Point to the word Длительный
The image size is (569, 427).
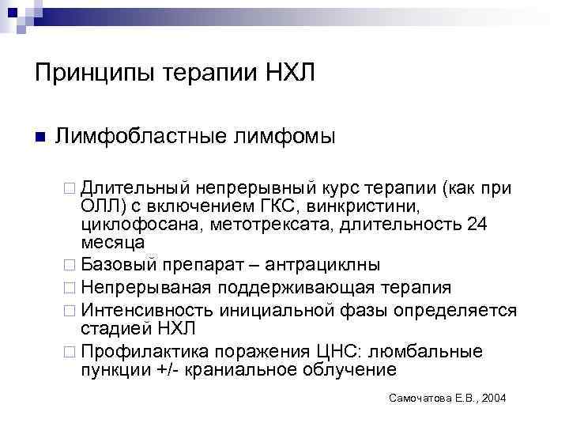134,188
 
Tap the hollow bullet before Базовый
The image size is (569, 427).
70,263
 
